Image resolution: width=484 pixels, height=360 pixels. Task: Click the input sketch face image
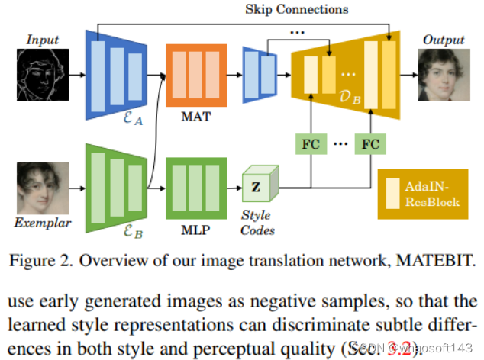pyautogui.click(x=43, y=76)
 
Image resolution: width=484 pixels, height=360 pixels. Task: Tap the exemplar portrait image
pyautogui.click(x=43, y=188)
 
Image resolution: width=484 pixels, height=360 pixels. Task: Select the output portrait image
pyautogui.click(x=444, y=76)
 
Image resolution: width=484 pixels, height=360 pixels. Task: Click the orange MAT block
pyautogui.click(x=196, y=74)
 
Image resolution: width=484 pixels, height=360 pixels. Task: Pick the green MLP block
pyautogui.click(x=196, y=187)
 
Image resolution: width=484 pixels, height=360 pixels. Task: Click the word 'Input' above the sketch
pyautogui.click(x=42, y=39)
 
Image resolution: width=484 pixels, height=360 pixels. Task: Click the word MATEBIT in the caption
pyautogui.click(x=431, y=259)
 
